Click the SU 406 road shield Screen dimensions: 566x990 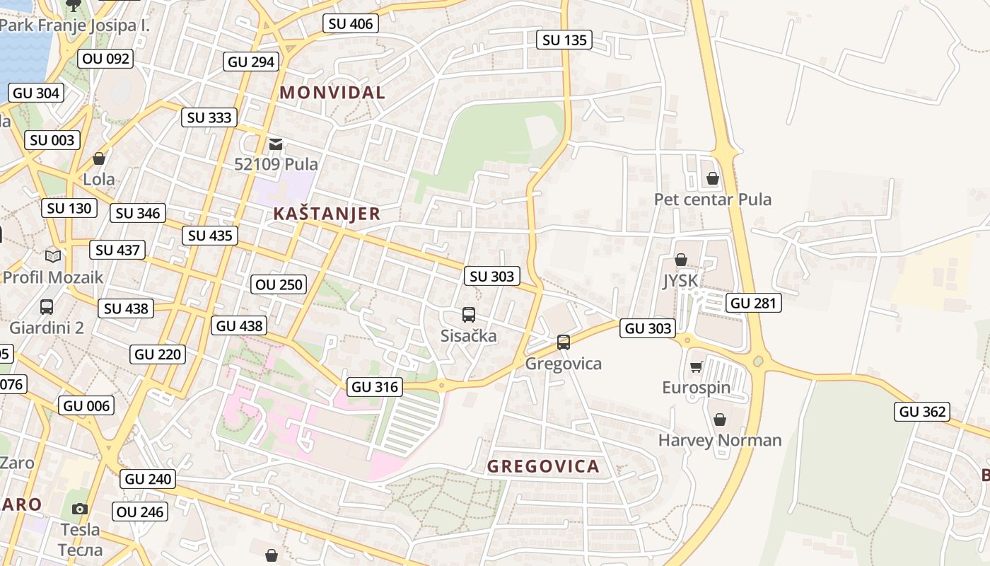point(351,23)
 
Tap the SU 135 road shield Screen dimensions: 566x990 point(564,40)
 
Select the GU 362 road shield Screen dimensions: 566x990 point(923,412)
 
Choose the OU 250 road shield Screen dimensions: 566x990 point(279,284)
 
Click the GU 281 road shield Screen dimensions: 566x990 point(753,304)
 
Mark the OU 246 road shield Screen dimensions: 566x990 point(140,512)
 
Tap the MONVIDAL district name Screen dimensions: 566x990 point(332,92)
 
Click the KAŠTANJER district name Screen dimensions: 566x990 point(327,214)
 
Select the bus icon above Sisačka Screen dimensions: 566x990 point(468,315)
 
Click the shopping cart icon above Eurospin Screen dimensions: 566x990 point(696,366)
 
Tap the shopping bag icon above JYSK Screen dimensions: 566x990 point(680,260)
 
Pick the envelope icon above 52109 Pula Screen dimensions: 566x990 point(275,144)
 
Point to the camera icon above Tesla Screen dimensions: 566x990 point(80,509)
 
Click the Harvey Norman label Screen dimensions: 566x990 point(720,440)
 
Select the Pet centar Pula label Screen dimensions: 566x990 point(712,200)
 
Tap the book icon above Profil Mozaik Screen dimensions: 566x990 point(53,256)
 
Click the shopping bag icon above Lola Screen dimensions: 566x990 point(99,158)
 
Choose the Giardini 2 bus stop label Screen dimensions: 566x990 point(47,328)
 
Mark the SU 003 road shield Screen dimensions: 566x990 point(52,140)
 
